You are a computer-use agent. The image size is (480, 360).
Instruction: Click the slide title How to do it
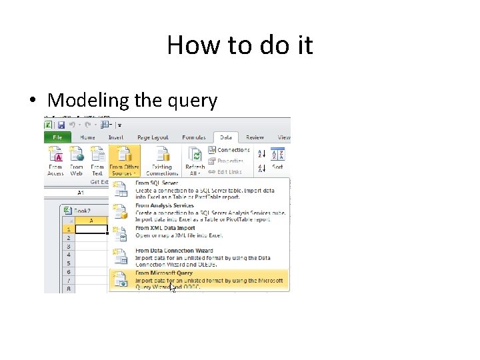239,45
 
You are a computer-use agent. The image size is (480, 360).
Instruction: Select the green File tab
57,137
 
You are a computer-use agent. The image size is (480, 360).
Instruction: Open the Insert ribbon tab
115,137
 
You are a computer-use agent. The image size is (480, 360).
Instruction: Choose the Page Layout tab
153,137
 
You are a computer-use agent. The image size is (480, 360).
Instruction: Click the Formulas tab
193,137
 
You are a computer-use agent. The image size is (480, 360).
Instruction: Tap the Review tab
255,137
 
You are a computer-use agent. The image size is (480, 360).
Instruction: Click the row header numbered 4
68,255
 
